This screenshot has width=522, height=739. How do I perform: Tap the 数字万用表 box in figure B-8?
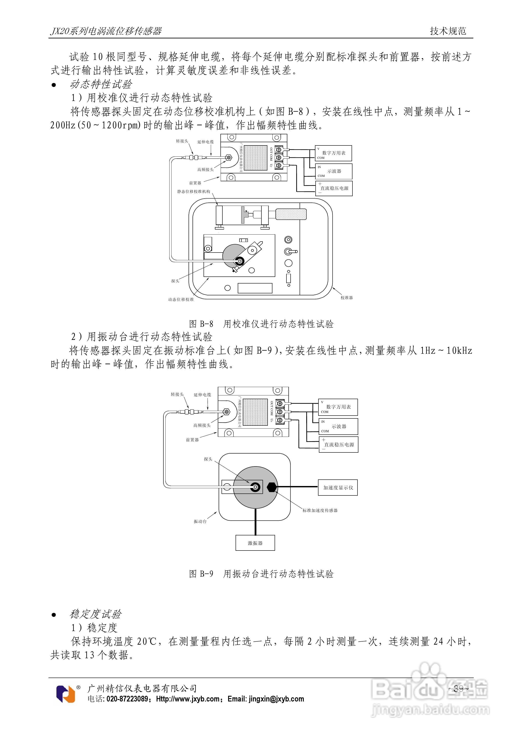coord(333,153)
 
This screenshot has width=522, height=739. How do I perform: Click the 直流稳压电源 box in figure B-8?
coord(334,188)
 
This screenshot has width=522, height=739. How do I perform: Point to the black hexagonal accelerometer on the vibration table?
coord(272,487)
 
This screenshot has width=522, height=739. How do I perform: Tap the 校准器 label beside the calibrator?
coord(347,298)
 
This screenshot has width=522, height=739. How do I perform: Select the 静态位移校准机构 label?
coord(193,192)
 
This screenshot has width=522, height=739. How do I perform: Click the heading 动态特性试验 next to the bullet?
coord(101,84)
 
